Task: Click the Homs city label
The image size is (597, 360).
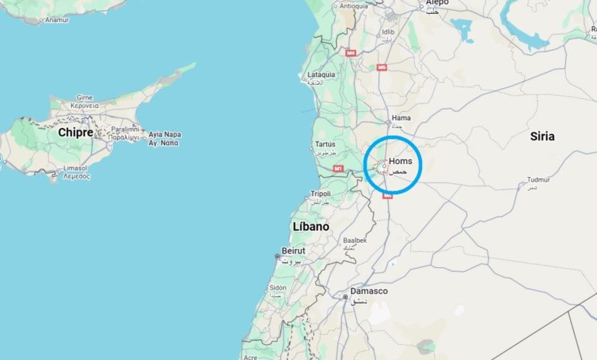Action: pyautogui.click(x=400, y=161)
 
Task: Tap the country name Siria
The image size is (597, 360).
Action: pyautogui.click(x=542, y=136)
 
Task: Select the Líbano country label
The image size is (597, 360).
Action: pyautogui.click(x=311, y=227)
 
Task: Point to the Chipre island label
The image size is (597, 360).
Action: pyautogui.click(x=75, y=133)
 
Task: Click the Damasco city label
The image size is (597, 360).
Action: pyautogui.click(x=369, y=291)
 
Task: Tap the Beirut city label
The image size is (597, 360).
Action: pyautogui.click(x=293, y=250)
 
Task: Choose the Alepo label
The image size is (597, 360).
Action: pyautogui.click(x=437, y=3)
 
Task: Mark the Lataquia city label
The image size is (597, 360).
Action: pyautogui.click(x=321, y=75)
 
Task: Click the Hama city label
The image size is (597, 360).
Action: pyautogui.click(x=401, y=119)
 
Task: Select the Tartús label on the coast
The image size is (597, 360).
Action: pyautogui.click(x=325, y=144)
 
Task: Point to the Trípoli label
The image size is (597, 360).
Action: pyautogui.click(x=320, y=194)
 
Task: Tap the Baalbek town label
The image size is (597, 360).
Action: pyautogui.click(x=354, y=240)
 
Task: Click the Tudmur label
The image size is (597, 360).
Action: pyautogui.click(x=538, y=181)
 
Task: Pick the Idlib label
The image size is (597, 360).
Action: pyautogui.click(x=388, y=32)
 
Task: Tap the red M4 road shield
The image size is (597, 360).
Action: pyautogui.click(x=351, y=53)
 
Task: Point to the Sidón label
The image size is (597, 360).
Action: pyautogui.click(x=277, y=287)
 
